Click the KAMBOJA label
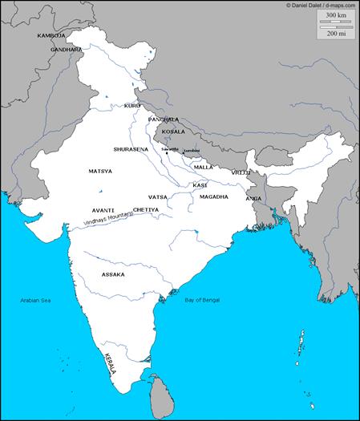(51, 36)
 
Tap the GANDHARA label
(66, 50)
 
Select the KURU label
(132, 106)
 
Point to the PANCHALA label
(164, 119)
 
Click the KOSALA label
(173, 132)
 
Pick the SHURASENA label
(130, 149)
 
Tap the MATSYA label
(100, 171)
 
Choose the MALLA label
(204, 167)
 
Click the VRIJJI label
(241, 172)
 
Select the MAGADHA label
(214, 196)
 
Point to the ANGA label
(253, 198)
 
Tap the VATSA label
(157, 196)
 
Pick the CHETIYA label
(146, 209)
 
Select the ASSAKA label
(113, 274)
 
